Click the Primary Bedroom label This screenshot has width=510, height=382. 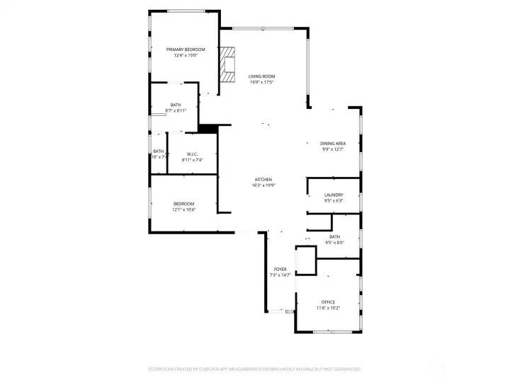(186, 50)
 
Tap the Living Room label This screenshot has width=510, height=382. (261, 76)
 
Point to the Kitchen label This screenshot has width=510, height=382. (263, 180)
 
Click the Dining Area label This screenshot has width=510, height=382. (333, 144)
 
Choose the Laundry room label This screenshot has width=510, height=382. (334, 195)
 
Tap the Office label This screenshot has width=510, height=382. (328, 302)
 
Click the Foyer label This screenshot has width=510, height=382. (280, 270)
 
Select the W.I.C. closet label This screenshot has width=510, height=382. (192, 155)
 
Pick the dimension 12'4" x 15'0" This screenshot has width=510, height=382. (186, 55)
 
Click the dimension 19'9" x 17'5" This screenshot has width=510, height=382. (261, 82)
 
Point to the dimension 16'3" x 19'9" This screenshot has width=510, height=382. (263, 185)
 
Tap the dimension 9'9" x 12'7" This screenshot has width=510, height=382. (333, 149)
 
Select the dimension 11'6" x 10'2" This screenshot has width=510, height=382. (328, 308)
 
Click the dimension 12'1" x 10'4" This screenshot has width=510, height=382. (183, 209)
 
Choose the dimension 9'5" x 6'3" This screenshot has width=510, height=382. (334, 201)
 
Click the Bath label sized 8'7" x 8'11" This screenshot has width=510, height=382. (176, 105)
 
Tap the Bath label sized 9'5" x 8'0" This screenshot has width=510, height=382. (334, 237)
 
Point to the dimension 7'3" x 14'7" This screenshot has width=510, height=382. (280, 274)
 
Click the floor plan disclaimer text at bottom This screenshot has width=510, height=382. (254, 369)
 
